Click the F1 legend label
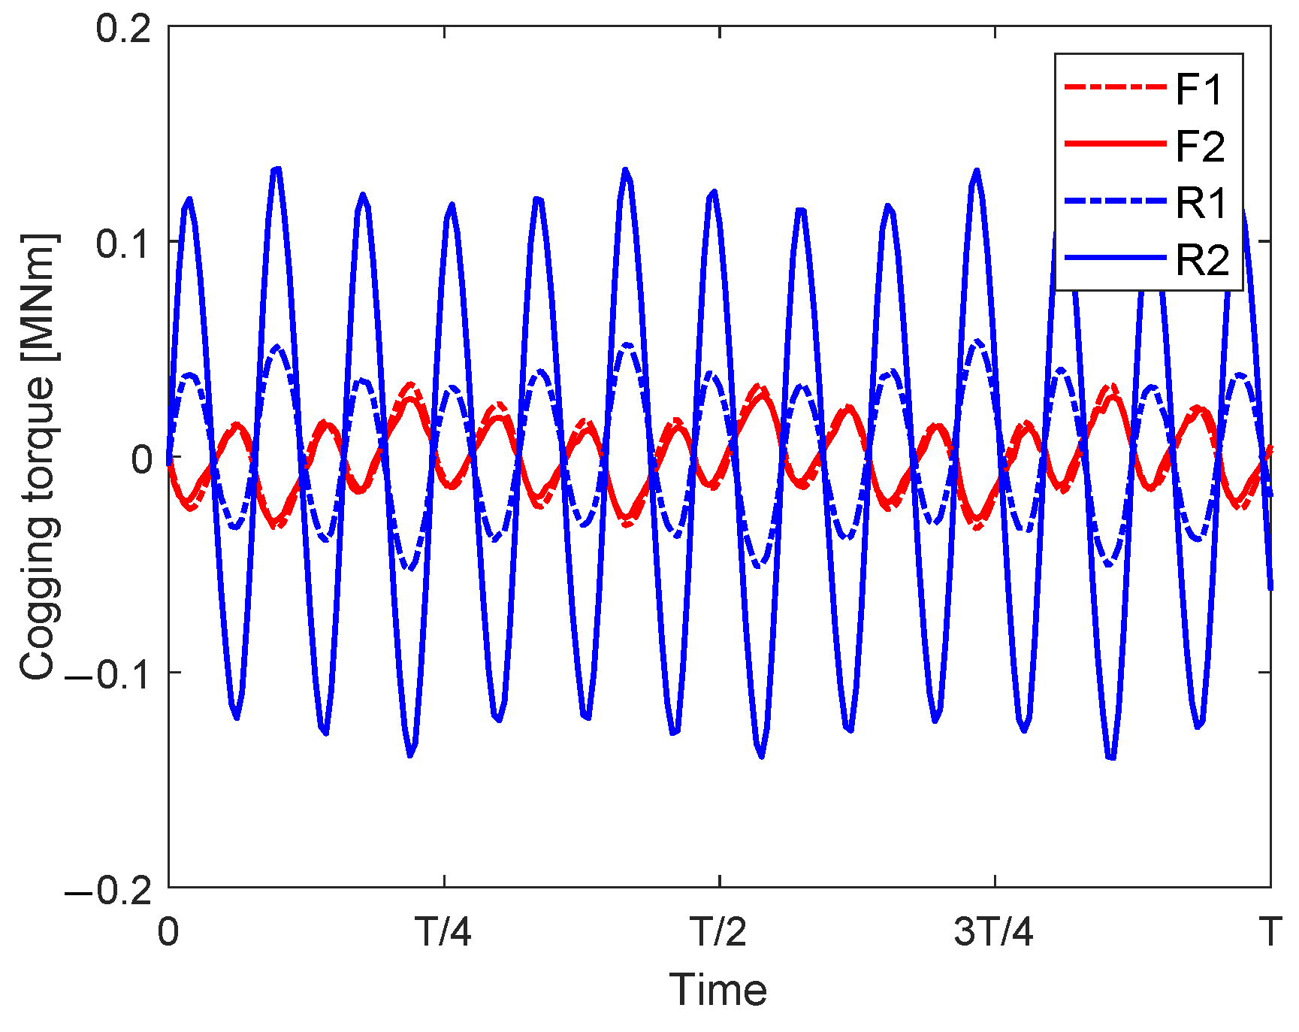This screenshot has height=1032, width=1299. point(1200,89)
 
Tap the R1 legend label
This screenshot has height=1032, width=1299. point(1201,203)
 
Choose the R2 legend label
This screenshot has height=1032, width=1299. point(1202,260)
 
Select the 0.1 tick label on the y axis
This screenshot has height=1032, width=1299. point(123,243)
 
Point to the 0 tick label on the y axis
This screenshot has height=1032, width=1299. point(142,458)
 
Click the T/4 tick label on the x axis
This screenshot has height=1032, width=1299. point(444,932)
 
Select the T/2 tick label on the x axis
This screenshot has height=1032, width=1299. point(719,932)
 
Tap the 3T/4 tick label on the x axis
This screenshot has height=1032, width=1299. point(993,932)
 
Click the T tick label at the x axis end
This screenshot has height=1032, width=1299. point(1270,932)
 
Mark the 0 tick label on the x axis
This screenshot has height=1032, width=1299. point(168,932)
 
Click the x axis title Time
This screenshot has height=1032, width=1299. point(718,989)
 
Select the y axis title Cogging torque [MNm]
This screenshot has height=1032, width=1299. point(38,457)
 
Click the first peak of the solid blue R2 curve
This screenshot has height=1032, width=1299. point(189,199)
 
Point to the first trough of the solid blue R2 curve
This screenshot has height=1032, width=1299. point(237,719)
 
